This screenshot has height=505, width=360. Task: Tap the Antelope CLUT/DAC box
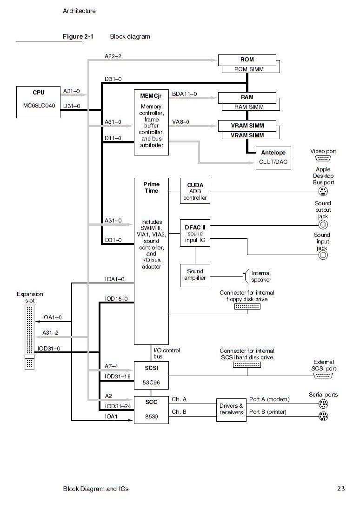coord(273,157)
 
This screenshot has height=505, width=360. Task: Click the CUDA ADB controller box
coord(195,191)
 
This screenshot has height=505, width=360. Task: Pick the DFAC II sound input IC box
coord(195,233)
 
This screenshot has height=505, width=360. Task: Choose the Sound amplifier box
coord(195,275)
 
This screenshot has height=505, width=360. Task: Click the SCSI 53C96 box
coord(151,376)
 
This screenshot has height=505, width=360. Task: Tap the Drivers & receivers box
coord(231,409)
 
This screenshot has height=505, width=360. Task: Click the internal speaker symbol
coord(246,277)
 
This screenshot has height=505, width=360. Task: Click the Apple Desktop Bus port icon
coord(323,191)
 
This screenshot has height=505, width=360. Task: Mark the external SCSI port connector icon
coord(323,376)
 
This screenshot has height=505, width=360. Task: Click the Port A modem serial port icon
coord(323,405)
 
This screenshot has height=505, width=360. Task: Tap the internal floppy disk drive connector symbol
coord(247,307)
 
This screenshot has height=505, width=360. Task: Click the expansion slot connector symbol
coord(29,337)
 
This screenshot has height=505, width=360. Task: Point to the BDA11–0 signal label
coord(184,94)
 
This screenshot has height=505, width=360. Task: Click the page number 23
coord(341,489)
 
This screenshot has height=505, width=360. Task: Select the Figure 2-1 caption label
coord(78,36)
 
